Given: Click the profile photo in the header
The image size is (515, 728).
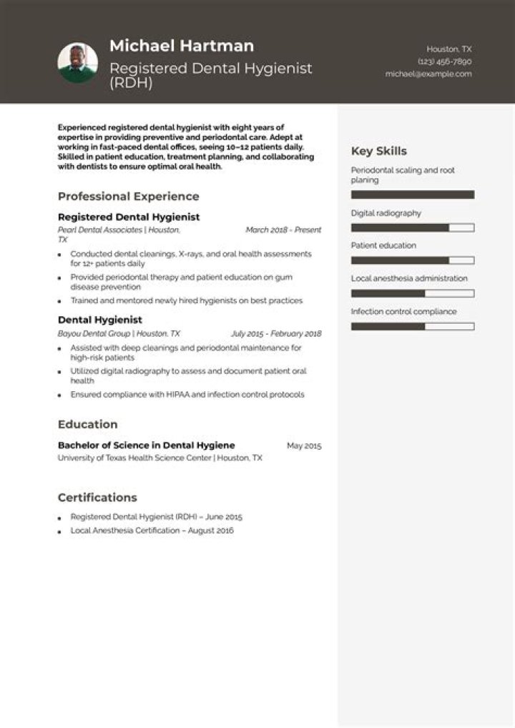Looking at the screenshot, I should pyautogui.click(x=77, y=63).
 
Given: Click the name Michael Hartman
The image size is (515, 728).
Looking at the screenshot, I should pyautogui.click(x=182, y=46).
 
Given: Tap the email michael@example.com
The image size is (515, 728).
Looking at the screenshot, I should pyautogui.click(x=428, y=74).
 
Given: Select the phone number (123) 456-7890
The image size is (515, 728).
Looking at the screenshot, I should pyautogui.click(x=444, y=62).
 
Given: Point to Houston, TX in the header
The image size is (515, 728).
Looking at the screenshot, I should pyautogui.click(x=449, y=49).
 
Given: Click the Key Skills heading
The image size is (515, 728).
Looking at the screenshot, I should pyautogui.click(x=379, y=151).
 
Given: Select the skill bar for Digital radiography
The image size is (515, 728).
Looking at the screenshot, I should pyautogui.click(x=413, y=227).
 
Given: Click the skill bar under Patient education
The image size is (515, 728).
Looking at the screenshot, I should pyautogui.click(x=413, y=260).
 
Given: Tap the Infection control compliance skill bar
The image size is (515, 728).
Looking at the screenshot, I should pyautogui.click(x=413, y=326).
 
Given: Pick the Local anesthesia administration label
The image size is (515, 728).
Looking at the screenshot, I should pyautogui.click(x=409, y=278).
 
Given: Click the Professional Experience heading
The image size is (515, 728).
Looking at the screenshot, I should pyautogui.click(x=129, y=197).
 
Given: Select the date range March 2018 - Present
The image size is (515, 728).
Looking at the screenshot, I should pyautogui.click(x=283, y=230).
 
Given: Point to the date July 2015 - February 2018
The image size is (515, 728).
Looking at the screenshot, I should pyautogui.click(x=276, y=334).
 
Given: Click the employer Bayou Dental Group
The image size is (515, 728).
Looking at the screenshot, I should pyautogui.click(x=94, y=334).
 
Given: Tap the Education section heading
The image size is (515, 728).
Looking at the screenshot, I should pyautogui.click(x=88, y=424).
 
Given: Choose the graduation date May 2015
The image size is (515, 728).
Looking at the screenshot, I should pyautogui.click(x=304, y=446).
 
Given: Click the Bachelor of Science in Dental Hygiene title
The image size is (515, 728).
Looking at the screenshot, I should pyautogui.click(x=147, y=446).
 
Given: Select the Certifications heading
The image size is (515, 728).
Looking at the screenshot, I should pyautogui.click(x=97, y=498).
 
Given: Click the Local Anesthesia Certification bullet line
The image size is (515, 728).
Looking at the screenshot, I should pyautogui.click(x=152, y=531).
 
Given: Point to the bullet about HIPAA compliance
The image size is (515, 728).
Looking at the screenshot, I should pyautogui.click(x=187, y=395).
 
